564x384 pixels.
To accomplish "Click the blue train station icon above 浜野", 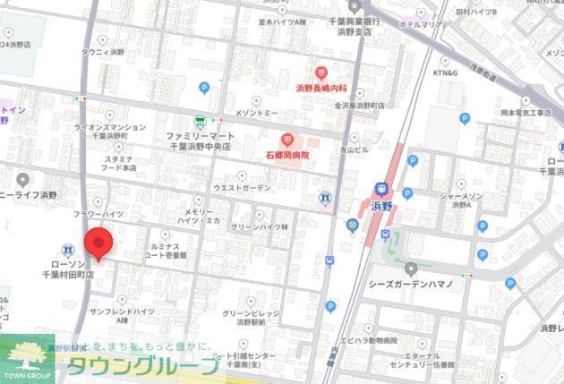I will (x=381, y=189).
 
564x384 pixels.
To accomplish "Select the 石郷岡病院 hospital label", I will (x=286, y=155).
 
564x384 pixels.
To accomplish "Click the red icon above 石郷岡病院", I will (x=286, y=140).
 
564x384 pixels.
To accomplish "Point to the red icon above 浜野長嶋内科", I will (x=321, y=73).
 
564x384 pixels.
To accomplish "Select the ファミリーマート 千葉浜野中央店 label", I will (x=198, y=141).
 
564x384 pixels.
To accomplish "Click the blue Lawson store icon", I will (x=68, y=250).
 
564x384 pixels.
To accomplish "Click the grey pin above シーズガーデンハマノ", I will (x=411, y=268).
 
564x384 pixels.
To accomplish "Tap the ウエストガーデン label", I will (x=241, y=188).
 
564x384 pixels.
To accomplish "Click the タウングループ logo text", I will (x=143, y=364).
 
